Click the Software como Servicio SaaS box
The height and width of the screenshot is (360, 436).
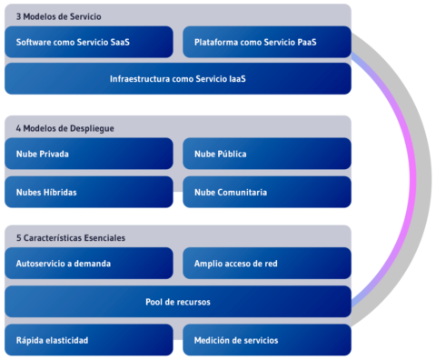coord(88,42)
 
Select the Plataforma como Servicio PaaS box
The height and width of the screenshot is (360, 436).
coord(266,42)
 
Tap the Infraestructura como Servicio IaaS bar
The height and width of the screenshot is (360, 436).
coord(177,79)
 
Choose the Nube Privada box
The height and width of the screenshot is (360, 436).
coord(88,154)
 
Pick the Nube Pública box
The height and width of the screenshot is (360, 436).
coord(266,154)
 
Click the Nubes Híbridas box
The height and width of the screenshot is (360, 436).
coord(88,192)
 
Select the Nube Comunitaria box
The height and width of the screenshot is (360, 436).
coord(266,192)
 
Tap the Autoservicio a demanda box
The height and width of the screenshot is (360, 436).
coord(88,263)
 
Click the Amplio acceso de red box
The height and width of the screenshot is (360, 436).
coord(266,263)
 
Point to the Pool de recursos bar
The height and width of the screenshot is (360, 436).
coord(177,301)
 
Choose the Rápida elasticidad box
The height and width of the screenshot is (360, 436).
coord(88,340)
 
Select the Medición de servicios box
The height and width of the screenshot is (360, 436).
coord(266,340)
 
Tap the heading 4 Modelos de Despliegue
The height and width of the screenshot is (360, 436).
coord(64,128)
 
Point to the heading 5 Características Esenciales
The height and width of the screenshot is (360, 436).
coord(71,238)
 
